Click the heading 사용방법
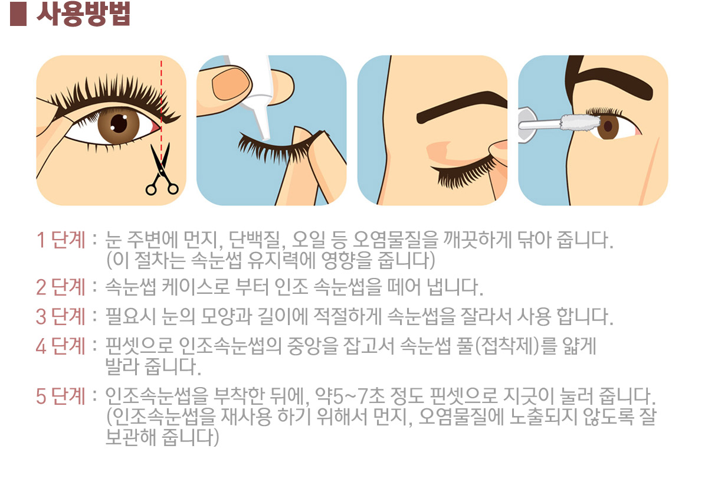point(83,14)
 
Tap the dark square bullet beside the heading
point(18,15)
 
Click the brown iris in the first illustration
point(119,124)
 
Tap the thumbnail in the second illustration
point(232,84)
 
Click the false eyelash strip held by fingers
point(280,146)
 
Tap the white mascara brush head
point(581,123)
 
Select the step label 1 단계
point(61,240)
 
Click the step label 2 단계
point(61,287)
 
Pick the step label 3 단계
point(61,316)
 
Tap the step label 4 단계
point(61,346)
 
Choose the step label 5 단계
point(61,396)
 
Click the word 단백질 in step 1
point(255,240)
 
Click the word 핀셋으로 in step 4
point(139,346)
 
